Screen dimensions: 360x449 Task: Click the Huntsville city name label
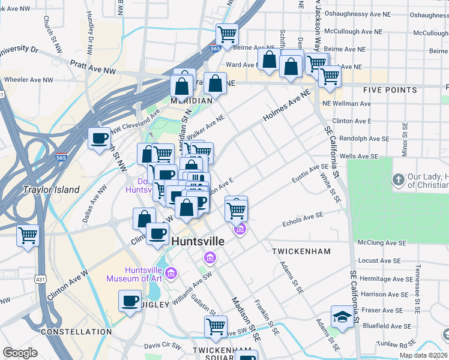(x=198, y=241)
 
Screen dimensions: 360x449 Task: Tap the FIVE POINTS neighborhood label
(x=390, y=90)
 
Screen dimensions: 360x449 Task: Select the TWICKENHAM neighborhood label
(x=298, y=249)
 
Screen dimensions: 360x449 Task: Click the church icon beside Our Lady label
(x=398, y=179)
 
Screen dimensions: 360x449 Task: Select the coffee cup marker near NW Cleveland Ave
(x=100, y=139)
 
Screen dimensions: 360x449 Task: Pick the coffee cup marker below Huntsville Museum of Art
(x=130, y=301)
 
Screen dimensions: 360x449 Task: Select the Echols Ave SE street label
(x=303, y=218)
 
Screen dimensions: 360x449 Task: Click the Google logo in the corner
(x=20, y=353)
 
